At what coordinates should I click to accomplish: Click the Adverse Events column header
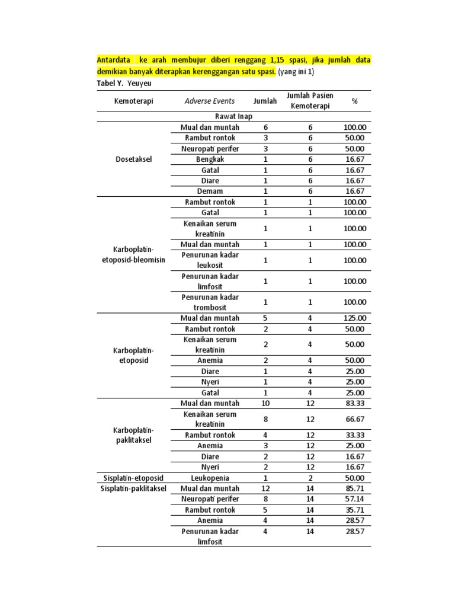click(x=209, y=101)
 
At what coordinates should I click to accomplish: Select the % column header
click(x=354, y=101)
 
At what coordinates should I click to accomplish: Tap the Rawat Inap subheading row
click(x=234, y=117)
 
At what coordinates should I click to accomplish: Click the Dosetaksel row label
click(x=133, y=159)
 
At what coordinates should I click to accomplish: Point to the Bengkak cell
click(x=210, y=159)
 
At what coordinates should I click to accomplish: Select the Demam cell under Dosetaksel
click(x=210, y=191)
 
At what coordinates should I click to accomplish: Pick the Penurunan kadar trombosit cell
click(x=210, y=302)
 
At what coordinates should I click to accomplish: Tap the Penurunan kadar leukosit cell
click(x=210, y=260)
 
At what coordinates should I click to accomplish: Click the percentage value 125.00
click(x=354, y=318)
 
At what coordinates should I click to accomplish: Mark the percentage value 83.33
click(x=354, y=404)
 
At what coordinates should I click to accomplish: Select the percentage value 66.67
click(x=354, y=419)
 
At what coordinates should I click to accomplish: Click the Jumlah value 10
click(x=265, y=404)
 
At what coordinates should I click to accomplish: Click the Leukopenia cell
click(x=210, y=478)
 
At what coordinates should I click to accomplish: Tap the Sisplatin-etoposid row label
click(x=133, y=478)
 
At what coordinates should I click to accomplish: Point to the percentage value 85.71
click(x=354, y=488)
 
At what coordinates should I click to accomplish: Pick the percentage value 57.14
click(x=354, y=499)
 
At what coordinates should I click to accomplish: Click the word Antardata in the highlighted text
click(x=114, y=60)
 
